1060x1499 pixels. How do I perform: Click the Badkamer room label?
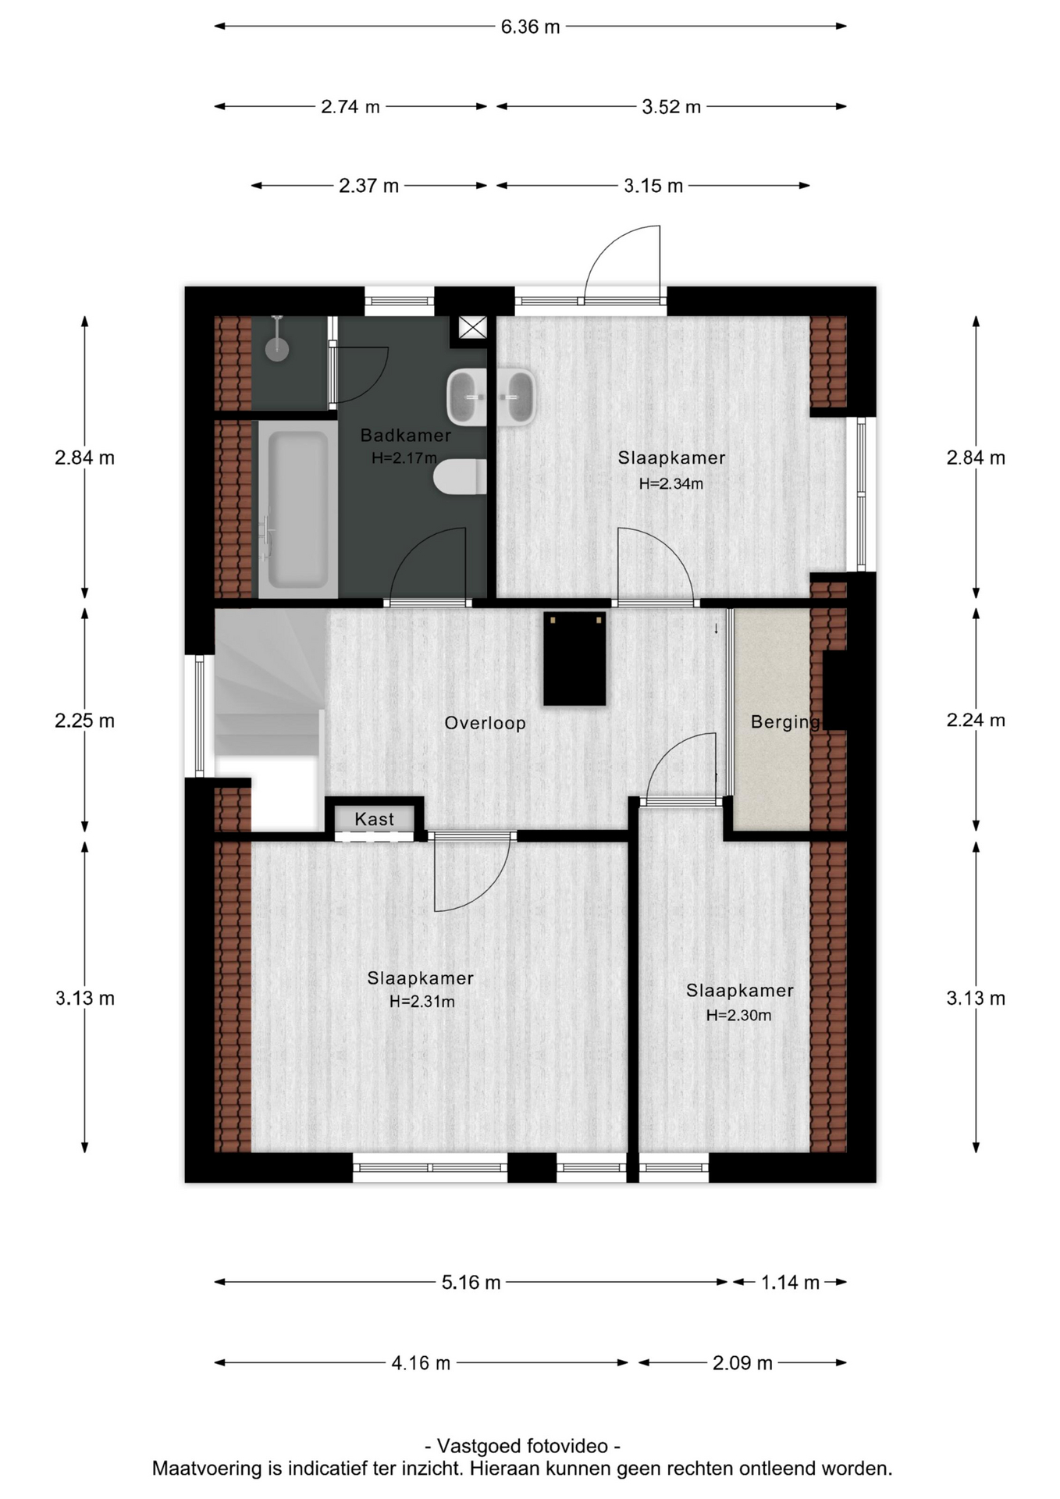pos(405,435)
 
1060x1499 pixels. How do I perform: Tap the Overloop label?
pos(485,723)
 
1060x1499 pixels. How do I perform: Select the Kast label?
pos(374,819)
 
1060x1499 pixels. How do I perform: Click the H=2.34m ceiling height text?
pos(671,483)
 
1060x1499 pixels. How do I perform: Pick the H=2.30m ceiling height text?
pos(738,1015)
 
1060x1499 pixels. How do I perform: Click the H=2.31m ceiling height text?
pos(422,1001)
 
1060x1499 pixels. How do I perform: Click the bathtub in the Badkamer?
pos(297,509)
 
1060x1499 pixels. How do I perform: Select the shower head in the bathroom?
pos(276,344)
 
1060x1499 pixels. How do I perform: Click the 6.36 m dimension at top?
pos(530,27)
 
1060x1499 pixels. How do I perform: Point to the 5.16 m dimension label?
pos(471,1282)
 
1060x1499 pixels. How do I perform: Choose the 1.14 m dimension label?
pos(790,1282)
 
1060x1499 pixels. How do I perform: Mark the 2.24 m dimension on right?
pos(976,720)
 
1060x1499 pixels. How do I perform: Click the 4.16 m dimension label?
pos(421,1363)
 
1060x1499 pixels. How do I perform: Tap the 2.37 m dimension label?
pos(368,186)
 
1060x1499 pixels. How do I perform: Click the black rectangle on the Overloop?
pos(574,658)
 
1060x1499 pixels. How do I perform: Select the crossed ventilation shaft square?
pos(472,327)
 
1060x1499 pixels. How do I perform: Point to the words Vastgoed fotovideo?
pos(522,1446)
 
